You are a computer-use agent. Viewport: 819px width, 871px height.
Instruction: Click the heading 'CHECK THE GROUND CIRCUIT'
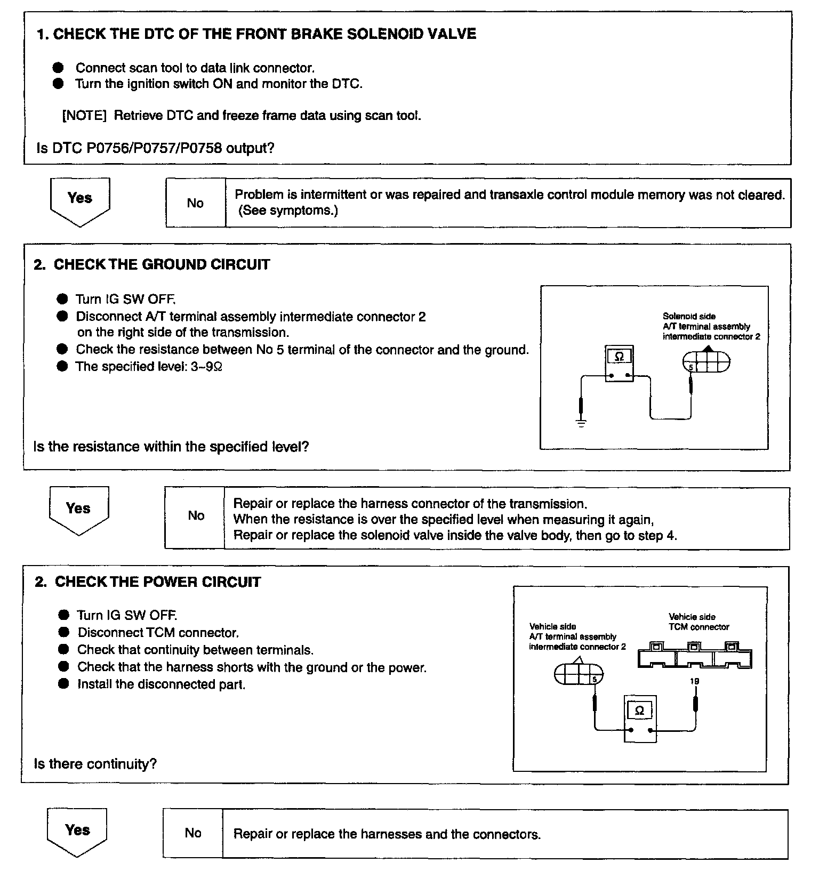[162, 265]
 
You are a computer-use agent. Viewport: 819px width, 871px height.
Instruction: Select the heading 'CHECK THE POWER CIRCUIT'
[158, 582]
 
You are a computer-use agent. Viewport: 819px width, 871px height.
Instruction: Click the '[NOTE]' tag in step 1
[85, 116]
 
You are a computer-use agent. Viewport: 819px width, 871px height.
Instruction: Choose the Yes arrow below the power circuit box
[77, 832]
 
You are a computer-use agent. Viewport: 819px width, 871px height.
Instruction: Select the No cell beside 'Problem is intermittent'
[195, 203]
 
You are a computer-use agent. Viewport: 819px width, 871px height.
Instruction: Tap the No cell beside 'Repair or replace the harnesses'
[193, 833]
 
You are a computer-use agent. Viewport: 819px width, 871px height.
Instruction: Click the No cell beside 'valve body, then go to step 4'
[196, 516]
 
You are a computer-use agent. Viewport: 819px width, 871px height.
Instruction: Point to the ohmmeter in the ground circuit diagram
[620, 364]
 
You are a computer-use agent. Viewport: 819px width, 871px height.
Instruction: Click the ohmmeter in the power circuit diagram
[640, 719]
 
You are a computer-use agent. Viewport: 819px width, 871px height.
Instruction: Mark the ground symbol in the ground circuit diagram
[581, 424]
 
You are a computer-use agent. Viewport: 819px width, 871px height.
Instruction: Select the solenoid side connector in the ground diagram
[706, 362]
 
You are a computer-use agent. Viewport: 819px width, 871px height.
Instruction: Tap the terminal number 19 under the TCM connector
[694, 681]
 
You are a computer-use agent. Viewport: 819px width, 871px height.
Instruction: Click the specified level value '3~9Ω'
[206, 367]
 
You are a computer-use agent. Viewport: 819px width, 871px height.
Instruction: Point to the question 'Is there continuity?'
[95, 764]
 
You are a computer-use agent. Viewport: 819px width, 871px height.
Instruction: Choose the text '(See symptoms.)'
[288, 211]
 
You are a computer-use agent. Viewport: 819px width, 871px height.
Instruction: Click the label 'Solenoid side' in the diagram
[689, 316]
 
